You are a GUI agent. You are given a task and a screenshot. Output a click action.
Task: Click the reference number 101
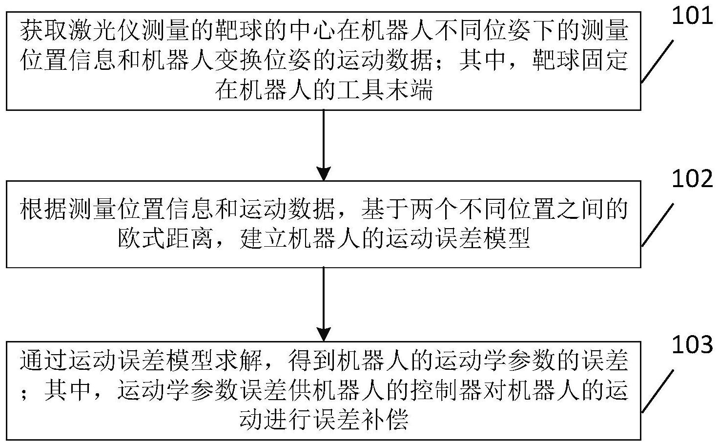692,16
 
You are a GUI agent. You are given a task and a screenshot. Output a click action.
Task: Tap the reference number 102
692,179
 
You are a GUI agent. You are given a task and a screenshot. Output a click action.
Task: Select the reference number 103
692,344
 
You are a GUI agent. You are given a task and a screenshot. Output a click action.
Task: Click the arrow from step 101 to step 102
324,146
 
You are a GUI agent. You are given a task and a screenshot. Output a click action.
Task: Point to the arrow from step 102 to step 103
324,304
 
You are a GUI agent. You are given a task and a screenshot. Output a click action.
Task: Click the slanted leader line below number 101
657,62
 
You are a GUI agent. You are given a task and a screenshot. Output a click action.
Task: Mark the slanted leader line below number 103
657,392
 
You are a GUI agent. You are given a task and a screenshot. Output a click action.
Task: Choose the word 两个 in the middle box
433,209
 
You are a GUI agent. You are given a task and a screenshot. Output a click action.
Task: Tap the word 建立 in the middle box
263,238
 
